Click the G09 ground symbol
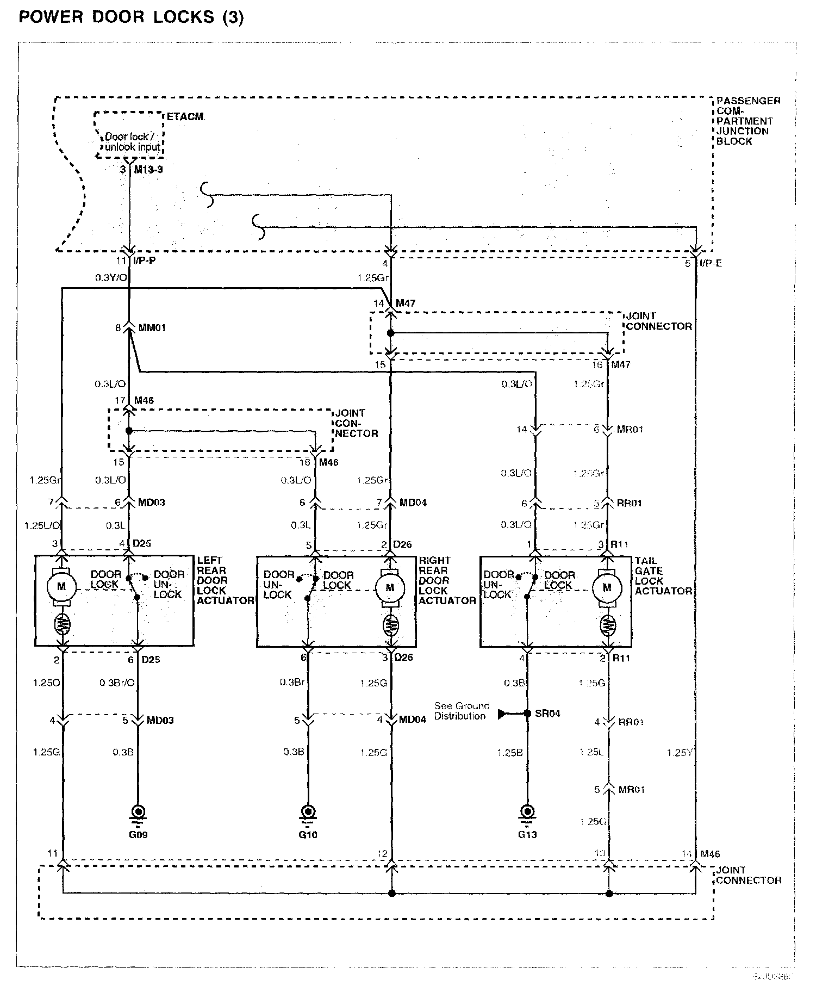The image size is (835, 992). click(x=138, y=813)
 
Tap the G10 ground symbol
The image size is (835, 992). click(x=308, y=813)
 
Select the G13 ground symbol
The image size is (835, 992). click(x=527, y=813)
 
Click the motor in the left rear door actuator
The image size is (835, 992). click(x=61, y=587)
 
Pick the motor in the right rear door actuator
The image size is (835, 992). click(x=390, y=587)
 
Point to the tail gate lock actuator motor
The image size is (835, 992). click(x=607, y=587)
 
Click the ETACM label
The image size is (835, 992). click(x=185, y=117)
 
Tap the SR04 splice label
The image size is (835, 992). click(x=547, y=714)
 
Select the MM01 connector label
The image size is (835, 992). click(x=152, y=328)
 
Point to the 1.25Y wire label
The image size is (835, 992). click(x=679, y=753)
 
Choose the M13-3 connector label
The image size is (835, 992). click(x=148, y=170)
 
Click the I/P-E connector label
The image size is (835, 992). click(x=711, y=263)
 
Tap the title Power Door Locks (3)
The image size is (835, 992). click(x=131, y=17)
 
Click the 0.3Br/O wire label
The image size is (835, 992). click(x=117, y=683)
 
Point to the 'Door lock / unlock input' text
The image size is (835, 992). click(x=131, y=141)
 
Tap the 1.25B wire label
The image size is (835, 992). click(x=509, y=753)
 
